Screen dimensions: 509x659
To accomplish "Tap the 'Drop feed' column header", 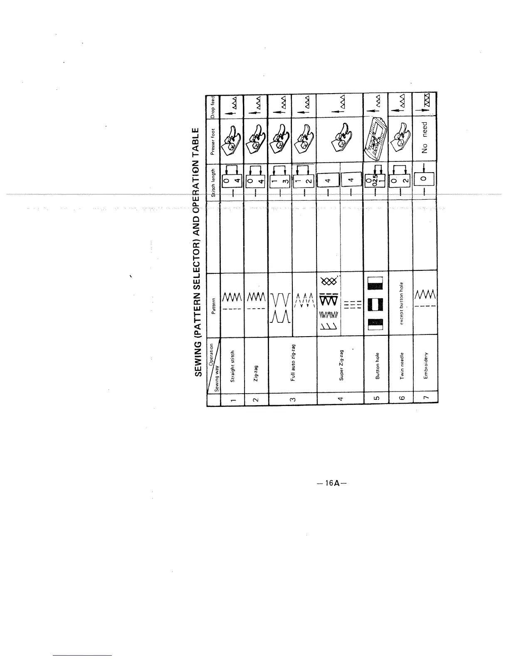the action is click(213, 106).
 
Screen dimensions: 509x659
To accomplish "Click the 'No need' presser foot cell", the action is click(425, 137).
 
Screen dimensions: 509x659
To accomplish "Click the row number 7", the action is click(425, 398).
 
